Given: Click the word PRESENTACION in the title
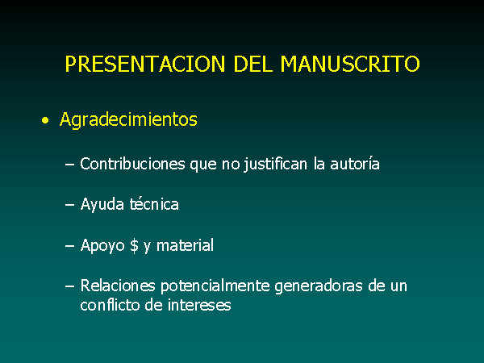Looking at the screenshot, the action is click(x=145, y=64).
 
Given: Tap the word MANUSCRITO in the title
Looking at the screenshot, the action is click(x=350, y=64).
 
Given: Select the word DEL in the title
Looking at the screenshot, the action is click(x=253, y=64).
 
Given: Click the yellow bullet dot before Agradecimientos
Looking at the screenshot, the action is click(x=45, y=120).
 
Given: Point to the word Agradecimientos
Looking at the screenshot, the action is click(x=128, y=119).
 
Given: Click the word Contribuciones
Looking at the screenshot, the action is click(x=132, y=164).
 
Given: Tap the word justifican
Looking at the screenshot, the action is click(x=275, y=165).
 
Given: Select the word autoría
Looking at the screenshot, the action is click(x=355, y=164).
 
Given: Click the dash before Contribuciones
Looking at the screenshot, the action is click(x=69, y=165).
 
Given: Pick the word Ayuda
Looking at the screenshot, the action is click(x=102, y=205).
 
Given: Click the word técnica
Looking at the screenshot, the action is click(x=154, y=204).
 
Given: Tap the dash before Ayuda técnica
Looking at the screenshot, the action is click(x=69, y=205).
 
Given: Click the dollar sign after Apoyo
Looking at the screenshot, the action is click(x=134, y=246).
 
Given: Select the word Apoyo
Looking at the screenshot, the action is click(x=102, y=246).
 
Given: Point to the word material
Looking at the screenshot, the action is click(x=185, y=245).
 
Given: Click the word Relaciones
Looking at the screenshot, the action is click(x=118, y=286).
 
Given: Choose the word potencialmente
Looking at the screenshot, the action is click(x=215, y=286).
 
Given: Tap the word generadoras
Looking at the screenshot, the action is click(x=319, y=286).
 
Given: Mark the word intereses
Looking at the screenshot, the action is click(x=199, y=305).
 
